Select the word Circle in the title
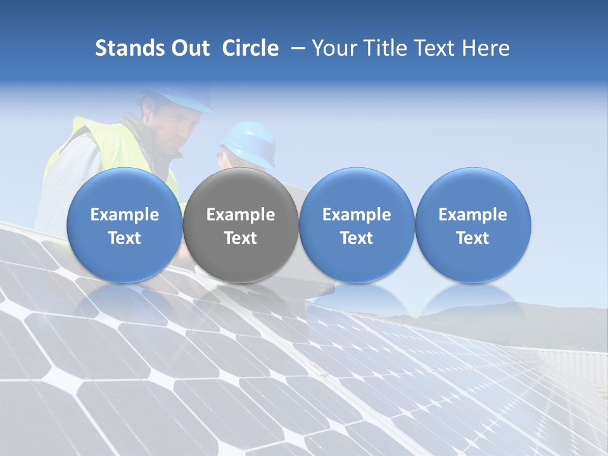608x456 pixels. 250,48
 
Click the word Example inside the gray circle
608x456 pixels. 241,215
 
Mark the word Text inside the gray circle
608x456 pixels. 241,238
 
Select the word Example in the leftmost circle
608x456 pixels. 125,215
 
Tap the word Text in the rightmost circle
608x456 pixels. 473,238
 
